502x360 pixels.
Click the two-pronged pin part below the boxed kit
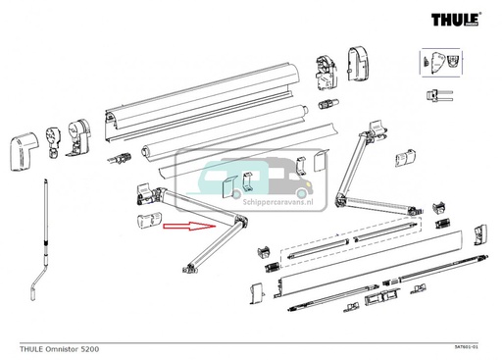(x=436, y=95)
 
